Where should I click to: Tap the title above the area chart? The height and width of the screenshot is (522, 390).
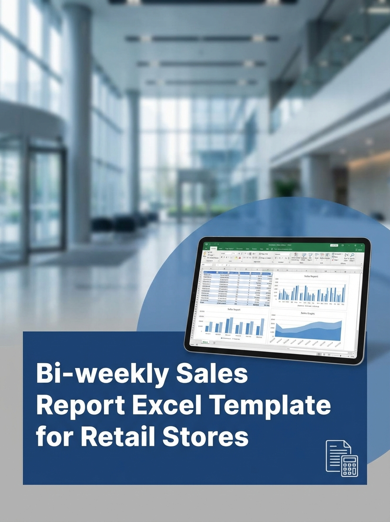pyautogui.click(x=308, y=313)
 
